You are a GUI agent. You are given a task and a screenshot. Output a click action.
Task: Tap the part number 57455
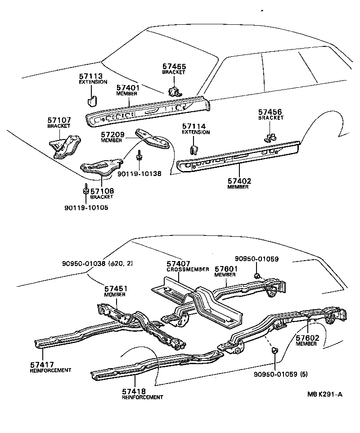(x=174, y=66)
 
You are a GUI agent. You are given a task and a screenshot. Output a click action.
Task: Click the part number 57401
(x=128, y=88)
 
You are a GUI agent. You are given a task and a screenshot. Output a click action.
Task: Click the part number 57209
(x=112, y=135)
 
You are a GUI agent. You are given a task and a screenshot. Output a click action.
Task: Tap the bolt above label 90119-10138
(x=139, y=156)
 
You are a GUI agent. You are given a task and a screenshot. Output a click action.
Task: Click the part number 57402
(x=239, y=181)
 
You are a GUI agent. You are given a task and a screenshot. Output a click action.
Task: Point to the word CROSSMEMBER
(x=188, y=269)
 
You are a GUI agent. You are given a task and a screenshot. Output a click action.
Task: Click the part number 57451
(x=116, y=289)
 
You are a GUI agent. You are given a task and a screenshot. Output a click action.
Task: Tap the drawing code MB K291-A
(x=325, y=395)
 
